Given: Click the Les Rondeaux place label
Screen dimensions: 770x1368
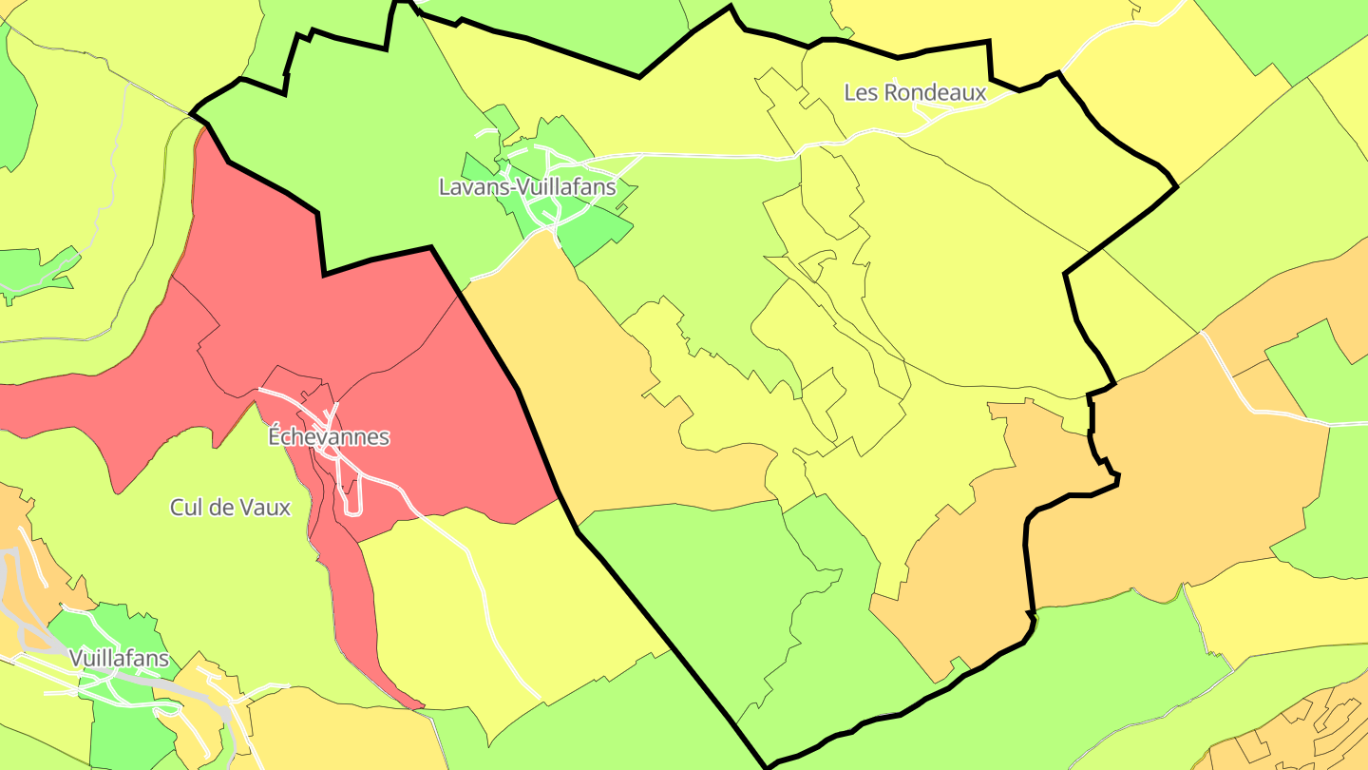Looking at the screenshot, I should [915, 93].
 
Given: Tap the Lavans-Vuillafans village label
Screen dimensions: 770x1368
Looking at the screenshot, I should [526, 187].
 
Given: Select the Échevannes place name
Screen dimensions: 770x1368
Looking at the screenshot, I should [329, 437].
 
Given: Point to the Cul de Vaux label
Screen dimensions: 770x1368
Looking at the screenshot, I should [230, 508].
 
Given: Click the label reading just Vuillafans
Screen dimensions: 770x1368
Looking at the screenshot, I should [119, 658].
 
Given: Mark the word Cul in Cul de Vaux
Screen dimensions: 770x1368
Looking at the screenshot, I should [186, 508].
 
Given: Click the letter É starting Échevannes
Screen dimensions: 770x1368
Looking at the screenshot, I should [275, 437].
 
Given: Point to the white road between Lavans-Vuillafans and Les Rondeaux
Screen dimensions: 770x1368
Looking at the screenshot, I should [722, 155].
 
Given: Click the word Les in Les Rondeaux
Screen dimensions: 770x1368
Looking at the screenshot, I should [861, 93].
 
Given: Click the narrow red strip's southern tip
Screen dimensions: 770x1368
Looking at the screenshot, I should [418, 705].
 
